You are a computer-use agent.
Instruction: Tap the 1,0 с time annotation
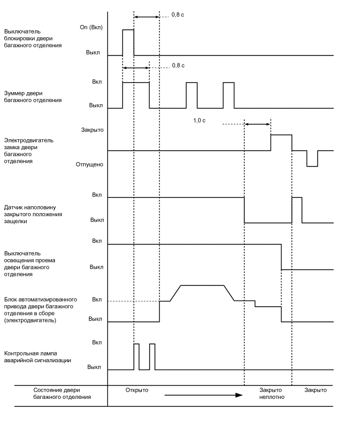[x=199, y=120]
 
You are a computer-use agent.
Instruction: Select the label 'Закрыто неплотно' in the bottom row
[x=271, y=394]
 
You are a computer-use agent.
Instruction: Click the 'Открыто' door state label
[x=137, y=390]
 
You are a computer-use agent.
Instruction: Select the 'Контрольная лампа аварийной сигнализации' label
[x=38, y=356]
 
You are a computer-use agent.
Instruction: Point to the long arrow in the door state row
[x=204, y=395]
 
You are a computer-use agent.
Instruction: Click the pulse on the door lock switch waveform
[x=128, y=42]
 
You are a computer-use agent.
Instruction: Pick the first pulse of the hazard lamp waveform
[x=137, y=356]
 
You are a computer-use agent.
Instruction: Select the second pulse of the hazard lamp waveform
[x=152, y=356]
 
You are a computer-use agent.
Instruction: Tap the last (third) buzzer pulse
[x=228, y=95]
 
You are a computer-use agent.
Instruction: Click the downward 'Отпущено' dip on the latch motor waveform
[x=312, y=159]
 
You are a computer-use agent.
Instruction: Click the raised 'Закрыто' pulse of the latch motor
[x=281, y=142]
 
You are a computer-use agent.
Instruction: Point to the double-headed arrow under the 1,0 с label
[x=257, y=124]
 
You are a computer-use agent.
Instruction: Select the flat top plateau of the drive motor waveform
[x=203, y=285]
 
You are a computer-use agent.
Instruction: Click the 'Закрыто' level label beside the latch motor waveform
[x=92, y=129]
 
